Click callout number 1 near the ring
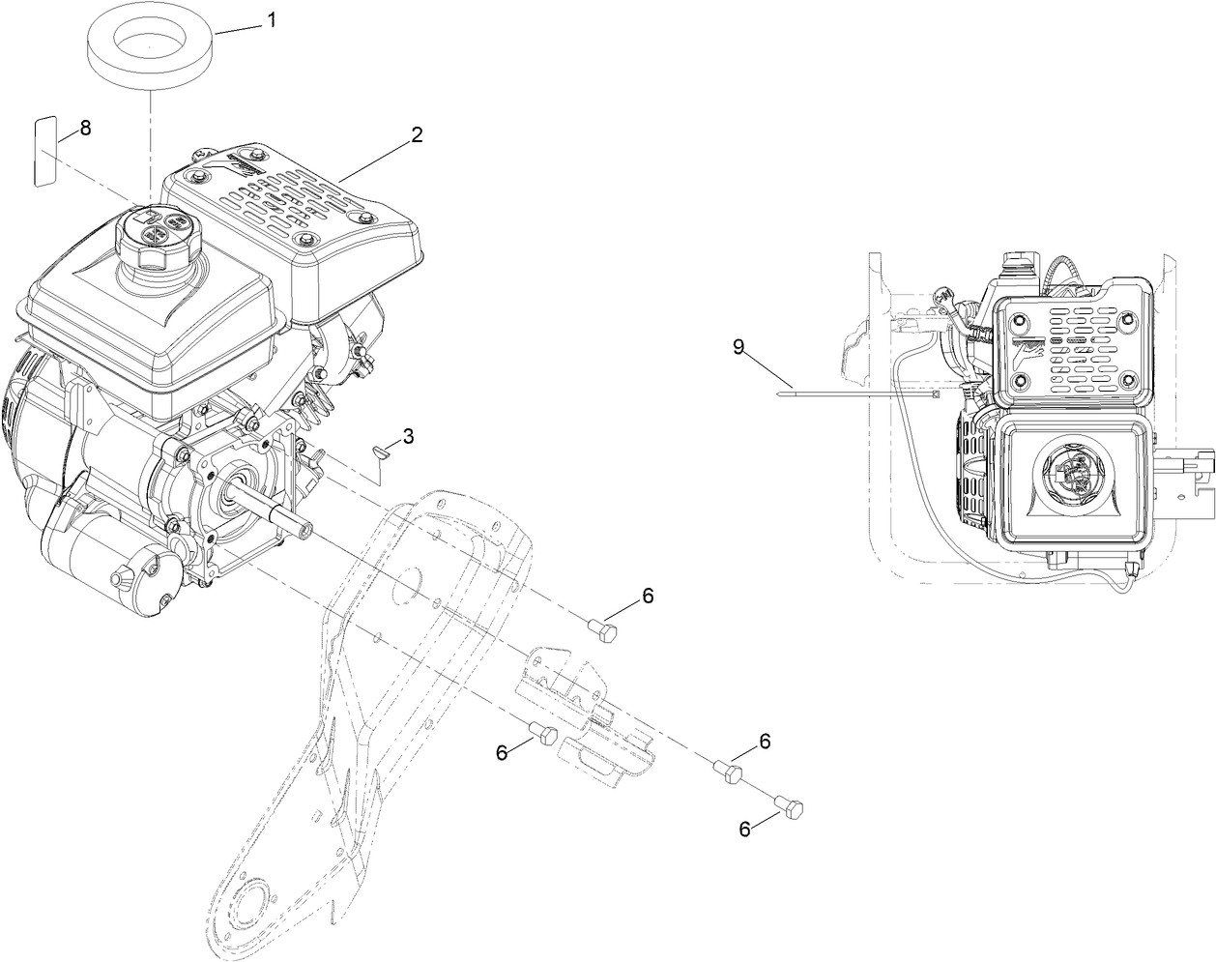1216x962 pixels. coord(272,19)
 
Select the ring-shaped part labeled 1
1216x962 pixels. coord(151,44)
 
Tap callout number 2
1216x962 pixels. coord(416,135)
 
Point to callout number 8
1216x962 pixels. coord(85,128)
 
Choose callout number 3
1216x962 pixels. coord(409,437)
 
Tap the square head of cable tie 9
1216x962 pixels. coord(935,394)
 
